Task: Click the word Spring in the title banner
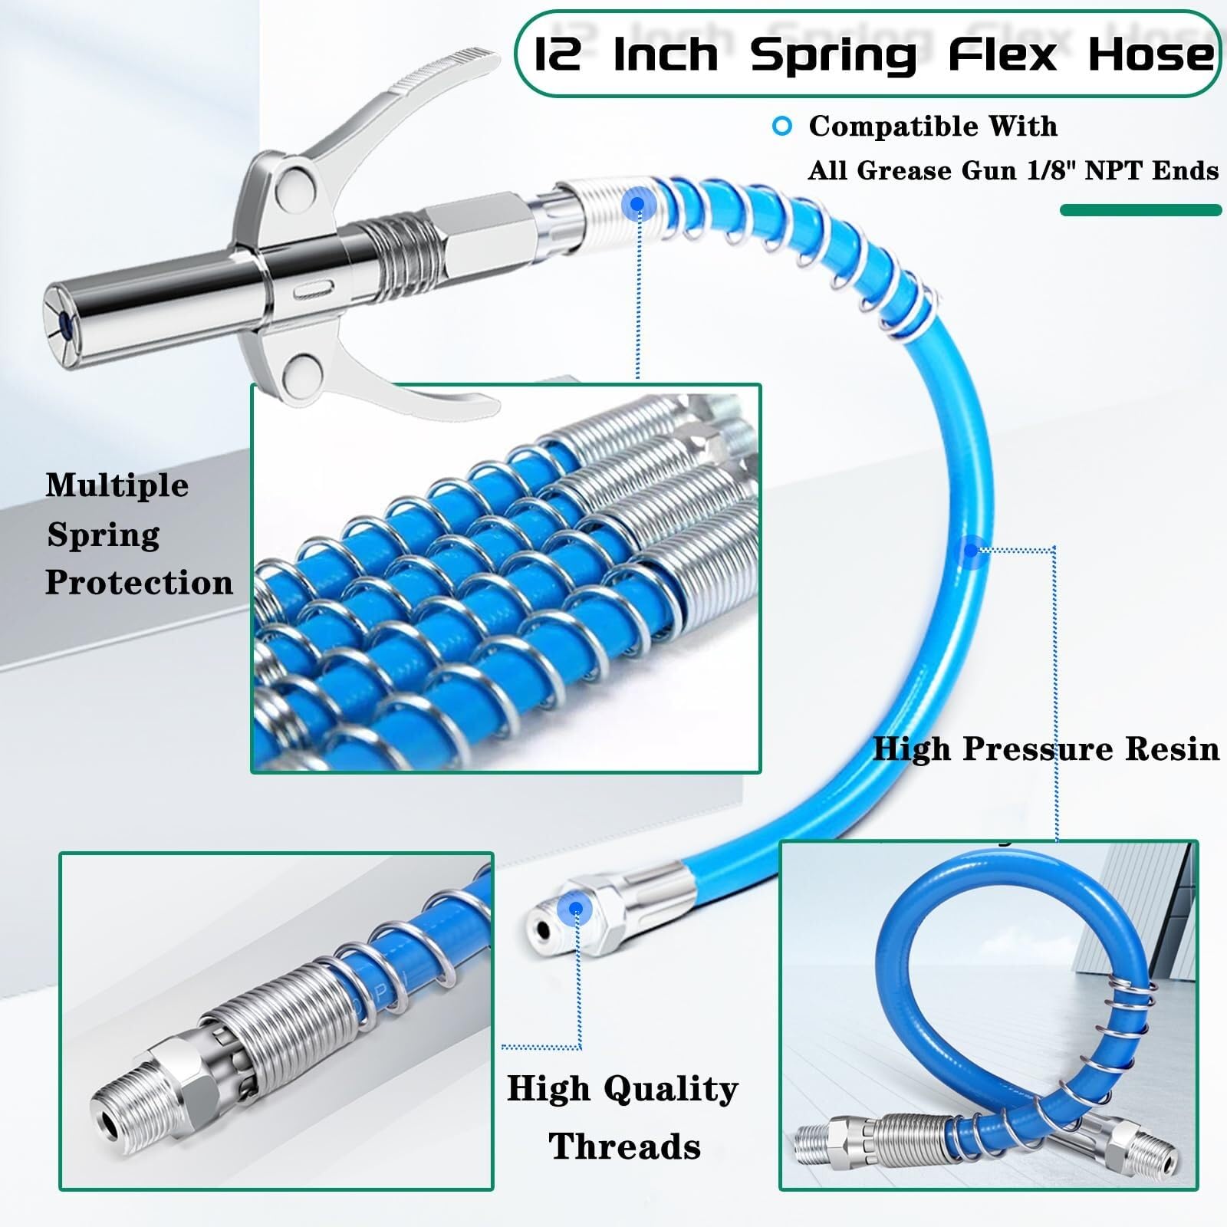coord(833,56)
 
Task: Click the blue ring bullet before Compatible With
coord(782,127)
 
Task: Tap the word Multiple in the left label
coord(117,485)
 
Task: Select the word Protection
coord(139,583)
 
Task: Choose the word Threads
coord(624,1146)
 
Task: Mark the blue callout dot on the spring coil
coord(636,204)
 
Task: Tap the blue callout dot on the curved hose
coord(971,550)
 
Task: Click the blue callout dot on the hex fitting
coord(575,910)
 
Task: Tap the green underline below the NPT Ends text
coord(1140,210)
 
